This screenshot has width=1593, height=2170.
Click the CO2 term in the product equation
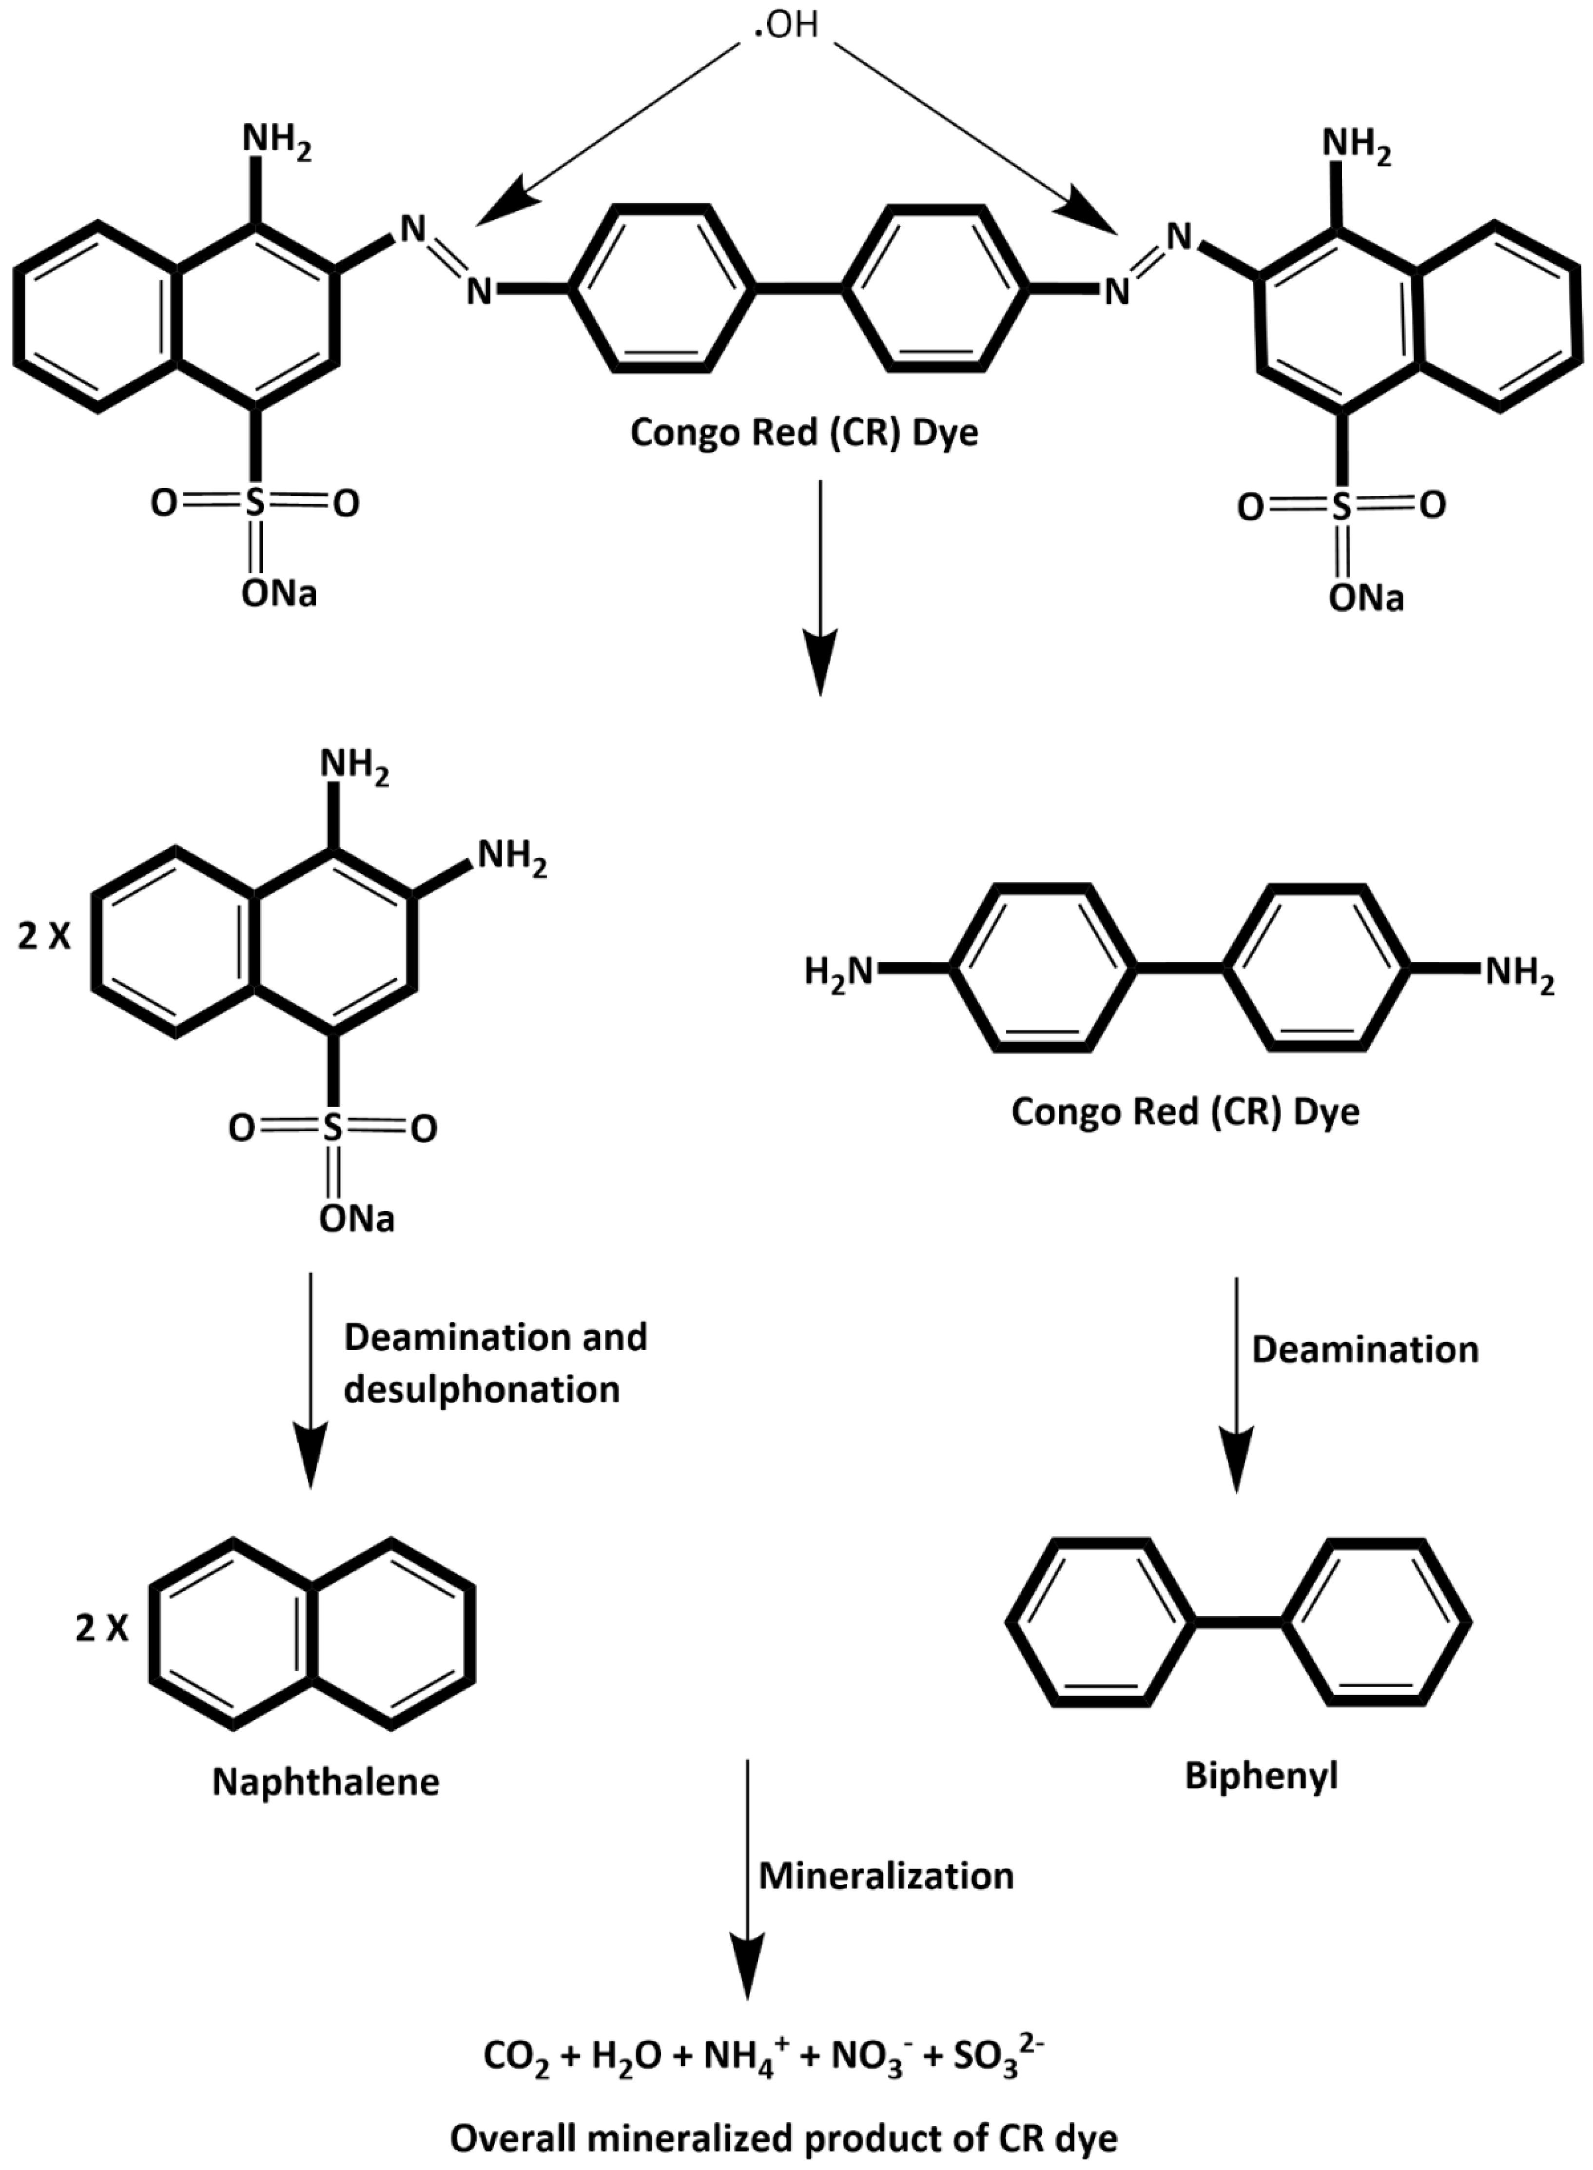pyautogui.click(x=516, y=2057)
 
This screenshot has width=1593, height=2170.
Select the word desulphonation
pyautogui.click(x=481, y=1390)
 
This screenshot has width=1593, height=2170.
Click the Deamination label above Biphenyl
pyautogui.click(x=1364, y=1349)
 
